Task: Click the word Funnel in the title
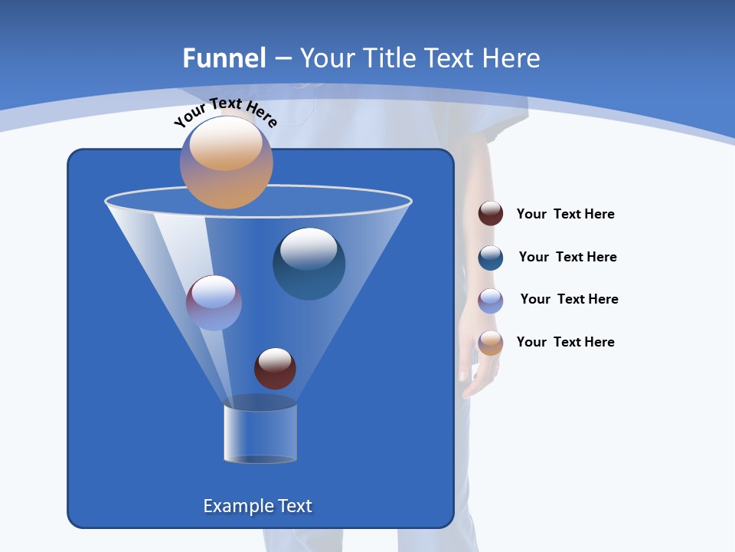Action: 224,58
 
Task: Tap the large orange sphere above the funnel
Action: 227,162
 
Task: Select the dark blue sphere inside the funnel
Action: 309,264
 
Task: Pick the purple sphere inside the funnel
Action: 214,302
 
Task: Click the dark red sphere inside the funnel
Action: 275,368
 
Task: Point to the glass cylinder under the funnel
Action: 260,433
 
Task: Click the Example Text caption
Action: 258,506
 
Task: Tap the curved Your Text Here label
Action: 225,112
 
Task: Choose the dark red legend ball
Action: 491,214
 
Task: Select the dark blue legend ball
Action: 491,258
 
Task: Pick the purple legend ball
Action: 491,301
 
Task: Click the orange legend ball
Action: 491,343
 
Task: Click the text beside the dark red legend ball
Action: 565,215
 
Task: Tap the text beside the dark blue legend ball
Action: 567,258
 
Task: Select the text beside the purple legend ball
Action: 569,300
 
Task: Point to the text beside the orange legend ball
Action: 565,342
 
